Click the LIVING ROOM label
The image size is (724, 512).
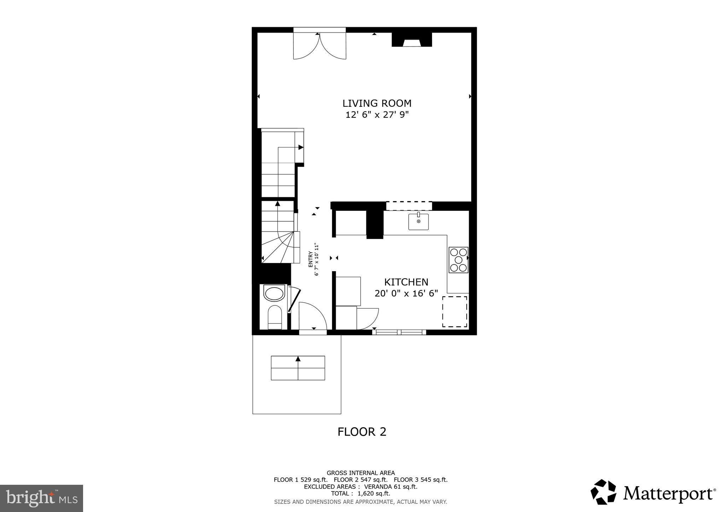pyautogui.click(x=377, y=103)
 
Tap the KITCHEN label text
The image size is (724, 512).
pyautogui.click(x=406, y=282)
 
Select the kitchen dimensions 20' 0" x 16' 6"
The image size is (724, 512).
pyautogui.click(x=406, y=293)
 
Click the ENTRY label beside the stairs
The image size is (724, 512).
pyautogui.click(x=310, y=259)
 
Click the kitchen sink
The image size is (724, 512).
pyautogui.click(x=419, y=222)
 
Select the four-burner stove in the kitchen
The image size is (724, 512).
pyautogui.click(x=458, y=260)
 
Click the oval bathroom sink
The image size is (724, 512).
pyautogui.click(x=274, y=294)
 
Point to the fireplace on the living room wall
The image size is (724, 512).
pyautogui.click(x=411, y=40)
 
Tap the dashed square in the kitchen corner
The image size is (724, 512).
pyautogui.click(x=455, y=312)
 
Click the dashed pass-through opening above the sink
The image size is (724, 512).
pyautogui.click(x=409, y=206)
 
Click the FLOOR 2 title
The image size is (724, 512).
pyautogui.click(x=362, y=432)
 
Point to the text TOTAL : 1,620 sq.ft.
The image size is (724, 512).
pyautogui.click(x=360, y=493)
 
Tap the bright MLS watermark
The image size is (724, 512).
pyautogui.click(x=41, y=498)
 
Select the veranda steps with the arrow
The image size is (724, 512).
pyautogui.click(x=298, y=368)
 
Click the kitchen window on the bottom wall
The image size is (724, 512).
pyautogui.click(x=399, y=332)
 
